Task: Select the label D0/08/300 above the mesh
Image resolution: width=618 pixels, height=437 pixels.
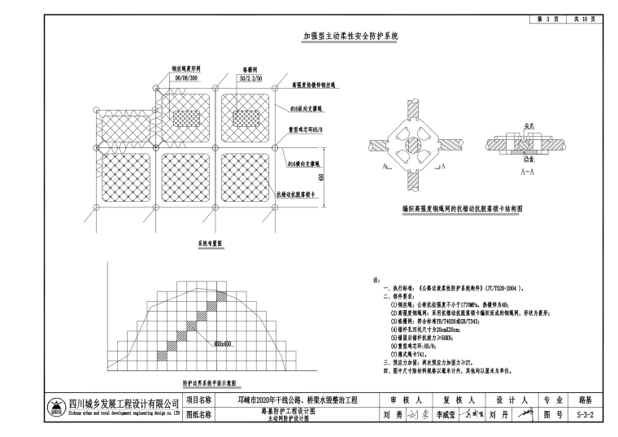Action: (x=181, y=78)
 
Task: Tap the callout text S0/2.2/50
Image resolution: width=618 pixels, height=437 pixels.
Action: (x=249, y=78)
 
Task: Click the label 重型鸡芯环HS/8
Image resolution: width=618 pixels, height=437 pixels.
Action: (x=306, y=129)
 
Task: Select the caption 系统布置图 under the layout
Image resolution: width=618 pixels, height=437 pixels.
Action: (x=210, y=243)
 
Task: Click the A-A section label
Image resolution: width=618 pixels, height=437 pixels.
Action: (x=527, y=173)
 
